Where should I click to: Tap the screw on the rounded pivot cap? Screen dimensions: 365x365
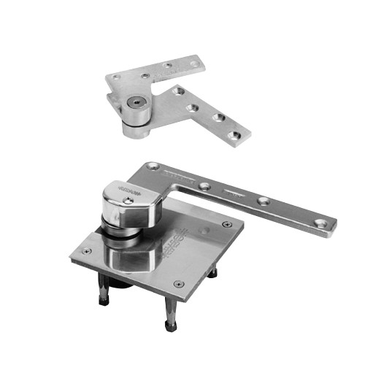tap(129, 199)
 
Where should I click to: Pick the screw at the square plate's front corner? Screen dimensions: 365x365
tap(177, 283)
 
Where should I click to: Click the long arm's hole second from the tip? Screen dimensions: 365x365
tap(264, 201)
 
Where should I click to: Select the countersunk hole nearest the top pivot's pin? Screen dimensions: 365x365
tap(177, 92)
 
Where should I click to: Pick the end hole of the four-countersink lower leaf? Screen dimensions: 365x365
tap(234, 135)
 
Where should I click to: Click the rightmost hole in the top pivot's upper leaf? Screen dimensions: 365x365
tap(193, 63)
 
